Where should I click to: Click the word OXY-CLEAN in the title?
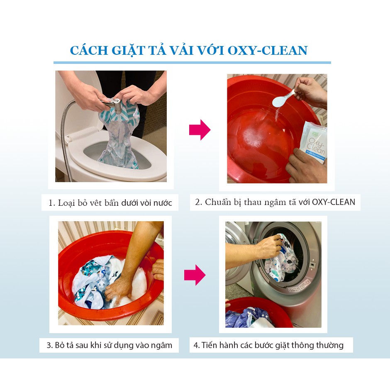click(x=268, y=51)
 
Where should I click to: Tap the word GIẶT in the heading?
click(x=128, y=51)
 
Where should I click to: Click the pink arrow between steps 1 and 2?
click(x=200, y=130)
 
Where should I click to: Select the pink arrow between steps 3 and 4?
click(x=195, y=275)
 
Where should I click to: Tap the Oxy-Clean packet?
click(x=314, y=142)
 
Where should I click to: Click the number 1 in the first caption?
click(x=51, y=203)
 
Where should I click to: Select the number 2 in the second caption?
click(x=197, y=202)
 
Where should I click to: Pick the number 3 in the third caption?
click(x=49, y=346)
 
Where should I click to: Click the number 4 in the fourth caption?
click(x=196, y=346)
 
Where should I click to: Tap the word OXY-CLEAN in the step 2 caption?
click(x=334, y=202)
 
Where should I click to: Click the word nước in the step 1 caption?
click(x=162, y=203)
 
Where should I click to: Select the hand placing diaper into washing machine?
click(x=269, y=247)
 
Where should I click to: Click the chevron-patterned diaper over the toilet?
click(x=119, y=134)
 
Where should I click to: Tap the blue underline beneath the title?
click(x=192, y=63)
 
